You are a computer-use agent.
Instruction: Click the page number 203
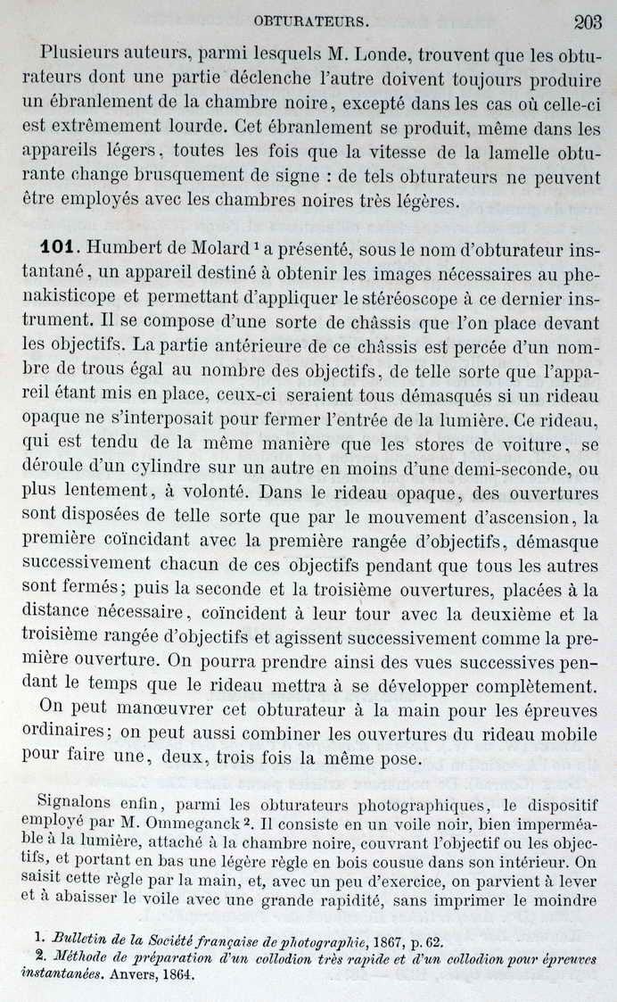pyautogui.click(x=589, y=22)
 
